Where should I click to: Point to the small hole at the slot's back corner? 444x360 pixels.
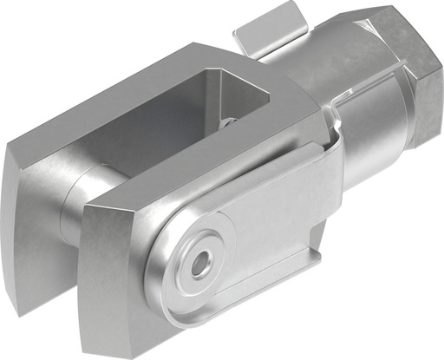click(x=227, y=122)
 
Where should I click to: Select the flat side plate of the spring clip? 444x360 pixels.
click(x=269, y=226)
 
